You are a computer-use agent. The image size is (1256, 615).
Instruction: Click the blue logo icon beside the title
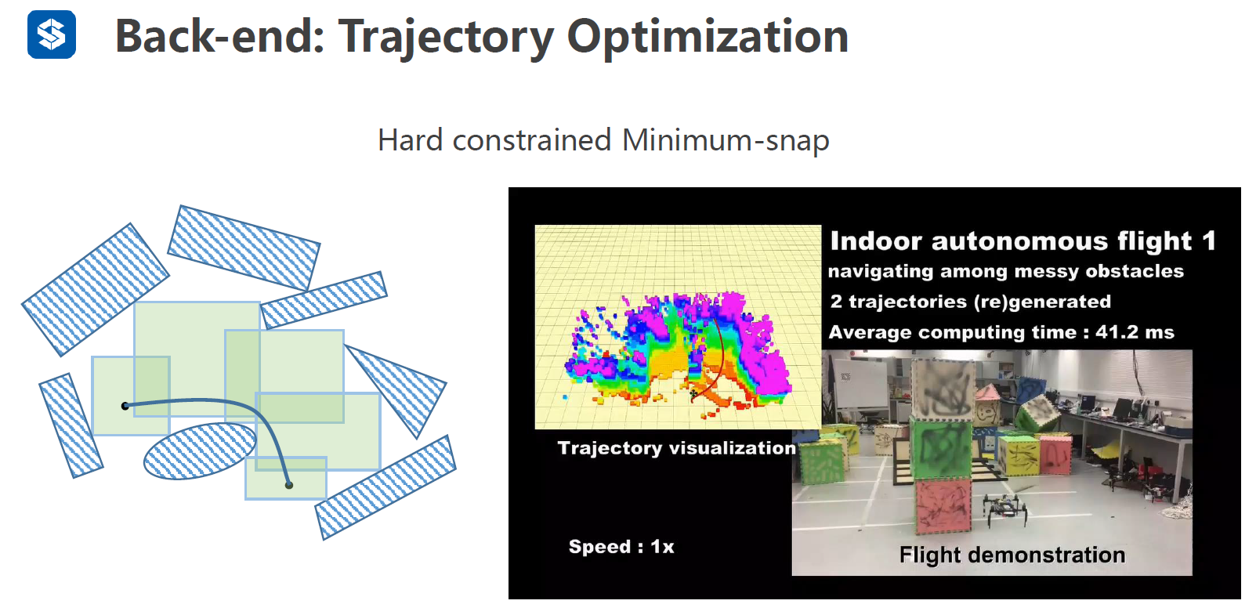click(52, 34)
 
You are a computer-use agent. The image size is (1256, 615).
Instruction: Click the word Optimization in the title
click(708, 37)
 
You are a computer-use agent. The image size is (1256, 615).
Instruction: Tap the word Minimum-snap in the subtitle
click(726, 139)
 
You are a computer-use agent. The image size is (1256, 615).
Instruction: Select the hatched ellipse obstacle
click(200, 450)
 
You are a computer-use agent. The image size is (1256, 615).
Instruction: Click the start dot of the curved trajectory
click(125, 406)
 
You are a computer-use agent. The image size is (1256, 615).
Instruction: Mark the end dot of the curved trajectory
click(289, 485)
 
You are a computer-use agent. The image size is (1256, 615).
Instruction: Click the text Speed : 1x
click(621, 547)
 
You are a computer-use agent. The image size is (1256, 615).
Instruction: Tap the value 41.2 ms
click(1135, 332)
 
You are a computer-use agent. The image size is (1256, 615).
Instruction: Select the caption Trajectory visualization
click(677, 448)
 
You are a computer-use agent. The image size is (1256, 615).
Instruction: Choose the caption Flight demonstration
click(1012, 555)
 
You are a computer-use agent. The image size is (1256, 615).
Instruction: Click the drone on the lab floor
click(1004, 509)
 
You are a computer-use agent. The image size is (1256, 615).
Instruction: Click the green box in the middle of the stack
click(941, 448)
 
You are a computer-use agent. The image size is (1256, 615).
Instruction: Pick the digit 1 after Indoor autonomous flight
click(1209, 241)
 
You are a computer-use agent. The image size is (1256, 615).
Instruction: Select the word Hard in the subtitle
click(411, 139)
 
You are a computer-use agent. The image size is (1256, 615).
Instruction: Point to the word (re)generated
click(1042, 302)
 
